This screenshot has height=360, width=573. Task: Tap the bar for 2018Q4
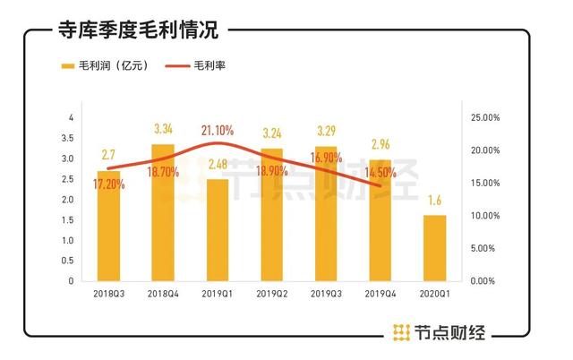coord(163,215)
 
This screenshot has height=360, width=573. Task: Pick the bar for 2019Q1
coord(218,231)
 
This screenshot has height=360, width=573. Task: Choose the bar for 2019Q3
coord(326,215)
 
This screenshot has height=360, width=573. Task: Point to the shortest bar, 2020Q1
coord(434,248)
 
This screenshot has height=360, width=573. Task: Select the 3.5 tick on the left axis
coord(72,139)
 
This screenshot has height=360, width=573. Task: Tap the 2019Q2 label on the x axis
coord(272,293)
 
